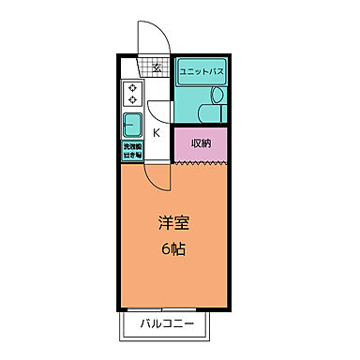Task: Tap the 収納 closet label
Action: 201,142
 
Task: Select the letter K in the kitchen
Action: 156,132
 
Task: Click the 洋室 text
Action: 172,225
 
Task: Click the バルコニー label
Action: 169,325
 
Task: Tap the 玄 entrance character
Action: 157,67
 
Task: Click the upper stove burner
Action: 132,89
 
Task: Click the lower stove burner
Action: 132,100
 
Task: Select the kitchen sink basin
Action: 131,124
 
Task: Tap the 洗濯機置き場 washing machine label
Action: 131,150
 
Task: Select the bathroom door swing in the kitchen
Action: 161,106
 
